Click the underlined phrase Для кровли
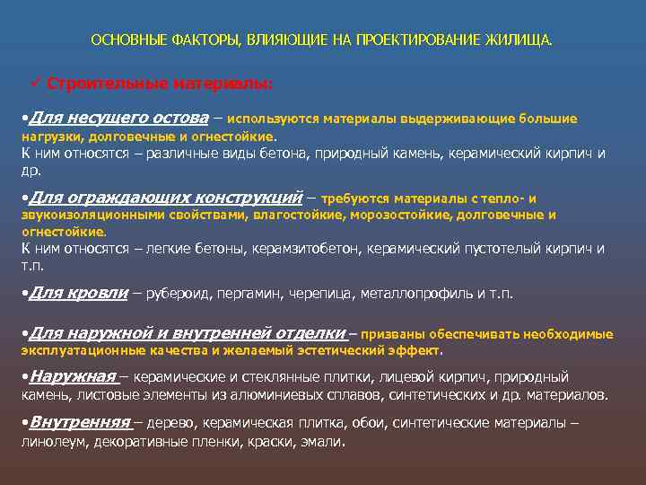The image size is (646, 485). click(x=78, y=293)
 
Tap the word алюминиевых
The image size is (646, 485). click(x=277, y=394)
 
